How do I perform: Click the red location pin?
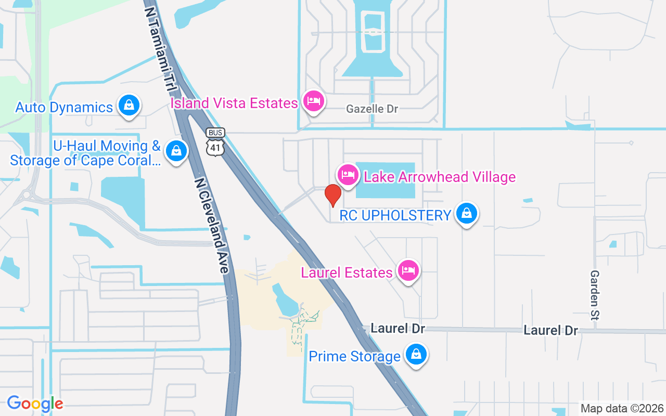pyautogui.click(x=332, y=195)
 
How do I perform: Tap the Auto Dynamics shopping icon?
pyautogui.click(x=129, y=106)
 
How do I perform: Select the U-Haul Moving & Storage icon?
pyautogui.click(x=176, y=151)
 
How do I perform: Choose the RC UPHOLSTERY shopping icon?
pyautogui.click(x=467, y=214)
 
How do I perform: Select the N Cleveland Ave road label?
pyautogui.click(x=212, y=225)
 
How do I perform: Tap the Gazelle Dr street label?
pyautogui.click(x=372, y=109)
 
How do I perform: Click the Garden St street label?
pyautogui.click(x=595, y=294)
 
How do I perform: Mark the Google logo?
pyautogui.click(x=35, y=404)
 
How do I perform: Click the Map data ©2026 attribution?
pyautogui.click(x=622, y=408)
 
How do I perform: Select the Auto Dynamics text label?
pyautogui.click(x=64, y=108)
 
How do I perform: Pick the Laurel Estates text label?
pyautogui.click(x=347, y=272)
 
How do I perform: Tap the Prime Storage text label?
pyautogui.click(x=355, y=357)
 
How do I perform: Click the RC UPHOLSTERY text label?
pyautogui.click(x=395, y=215)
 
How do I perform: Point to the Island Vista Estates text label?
pyautogui.click(x=234, y=103)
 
